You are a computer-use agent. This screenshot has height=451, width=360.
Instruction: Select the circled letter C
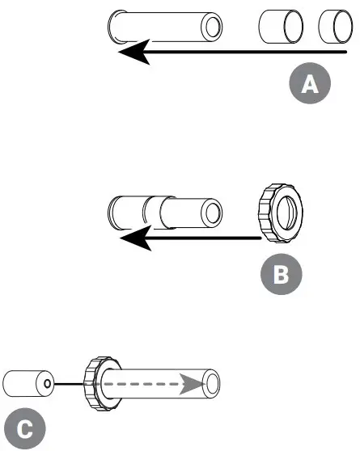coord(25,428)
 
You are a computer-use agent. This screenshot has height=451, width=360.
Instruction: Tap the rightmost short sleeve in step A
coord(336,29)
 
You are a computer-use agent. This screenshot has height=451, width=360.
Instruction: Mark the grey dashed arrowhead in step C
coord(189,382)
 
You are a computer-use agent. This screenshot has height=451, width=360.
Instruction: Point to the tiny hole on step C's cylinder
coord(48,383)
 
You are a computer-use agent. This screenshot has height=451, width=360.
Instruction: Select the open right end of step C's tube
coord(212,382)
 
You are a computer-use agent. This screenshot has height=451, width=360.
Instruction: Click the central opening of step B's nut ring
coord(285,214)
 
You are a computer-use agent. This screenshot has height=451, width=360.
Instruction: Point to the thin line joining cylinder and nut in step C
coord(70,383)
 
